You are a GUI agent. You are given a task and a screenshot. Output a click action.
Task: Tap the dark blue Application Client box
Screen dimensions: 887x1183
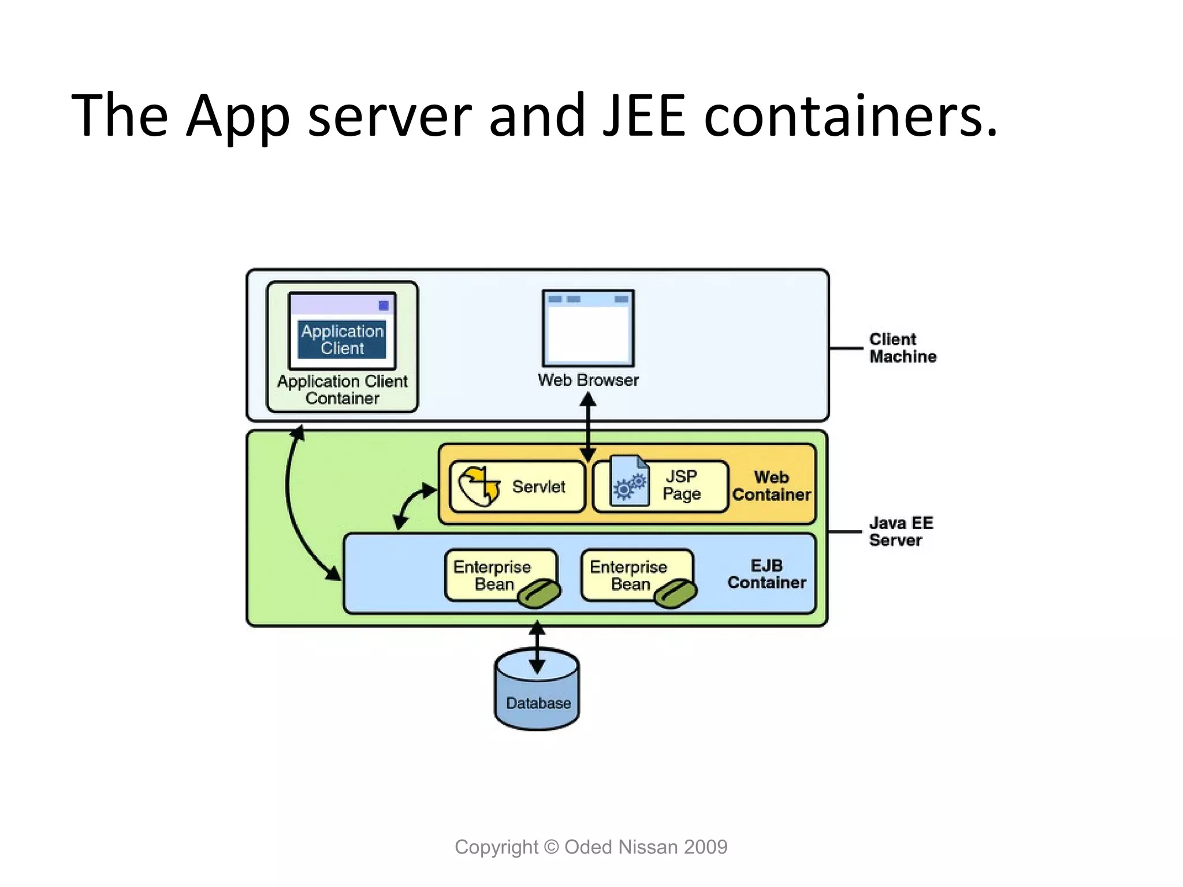(x=342, y=340)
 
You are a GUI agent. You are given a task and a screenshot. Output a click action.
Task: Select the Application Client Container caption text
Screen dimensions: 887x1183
(x=342, y=390)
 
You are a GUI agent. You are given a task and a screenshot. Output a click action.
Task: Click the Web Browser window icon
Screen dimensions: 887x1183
(x=588, y=328)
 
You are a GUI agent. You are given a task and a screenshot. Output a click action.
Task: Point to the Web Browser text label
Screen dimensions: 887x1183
(x=588, y=380)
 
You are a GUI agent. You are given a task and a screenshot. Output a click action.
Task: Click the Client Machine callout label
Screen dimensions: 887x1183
(x=902, y=348)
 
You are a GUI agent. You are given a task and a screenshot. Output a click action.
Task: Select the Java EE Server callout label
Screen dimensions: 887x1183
(x=901, y=531)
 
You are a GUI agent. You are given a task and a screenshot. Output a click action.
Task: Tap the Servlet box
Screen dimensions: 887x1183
(x=517, y=487)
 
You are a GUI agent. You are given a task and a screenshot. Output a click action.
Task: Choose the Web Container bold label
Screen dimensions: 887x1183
(x=771, y=486)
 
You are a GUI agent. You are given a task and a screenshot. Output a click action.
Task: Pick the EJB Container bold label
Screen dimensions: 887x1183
(x=767, y=574)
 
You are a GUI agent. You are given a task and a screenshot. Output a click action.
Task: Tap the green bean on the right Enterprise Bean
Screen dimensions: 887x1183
(x=676, y=594)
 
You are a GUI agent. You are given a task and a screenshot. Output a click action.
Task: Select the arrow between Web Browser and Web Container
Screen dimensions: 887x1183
(x=588, y=427)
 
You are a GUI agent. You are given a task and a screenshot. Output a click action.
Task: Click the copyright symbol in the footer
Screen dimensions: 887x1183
(x=552, y=847)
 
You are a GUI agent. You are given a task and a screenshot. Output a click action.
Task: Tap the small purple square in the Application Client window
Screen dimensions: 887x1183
(x=384, y=305)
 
